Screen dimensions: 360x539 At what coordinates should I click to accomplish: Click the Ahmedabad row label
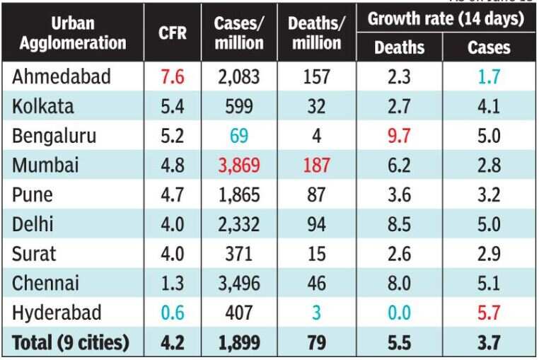click(x=61, y=76)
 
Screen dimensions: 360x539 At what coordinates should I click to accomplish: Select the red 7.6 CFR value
click(x=173, y=76)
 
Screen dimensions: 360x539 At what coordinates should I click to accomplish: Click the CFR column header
click(x=173, y=33)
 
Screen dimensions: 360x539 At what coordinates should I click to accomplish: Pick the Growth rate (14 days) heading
click(x=446, y=18)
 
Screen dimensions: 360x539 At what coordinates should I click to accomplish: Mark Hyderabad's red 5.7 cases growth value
click(x=489, y=313)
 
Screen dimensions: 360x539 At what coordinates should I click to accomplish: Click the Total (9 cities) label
click(x=71, y=343)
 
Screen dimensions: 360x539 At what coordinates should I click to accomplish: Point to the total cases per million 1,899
click(x=238, y=343)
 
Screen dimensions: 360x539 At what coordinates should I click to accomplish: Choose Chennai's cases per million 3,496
click(x=238, y=283)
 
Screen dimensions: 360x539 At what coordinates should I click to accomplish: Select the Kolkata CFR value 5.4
click(x=173, y=107)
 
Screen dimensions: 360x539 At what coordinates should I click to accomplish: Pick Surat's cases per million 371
click(x=238, y=253)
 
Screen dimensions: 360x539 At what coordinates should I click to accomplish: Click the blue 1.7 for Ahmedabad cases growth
click(x=489, y=76)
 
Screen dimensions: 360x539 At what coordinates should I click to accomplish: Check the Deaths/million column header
click(x=316, y=33)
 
